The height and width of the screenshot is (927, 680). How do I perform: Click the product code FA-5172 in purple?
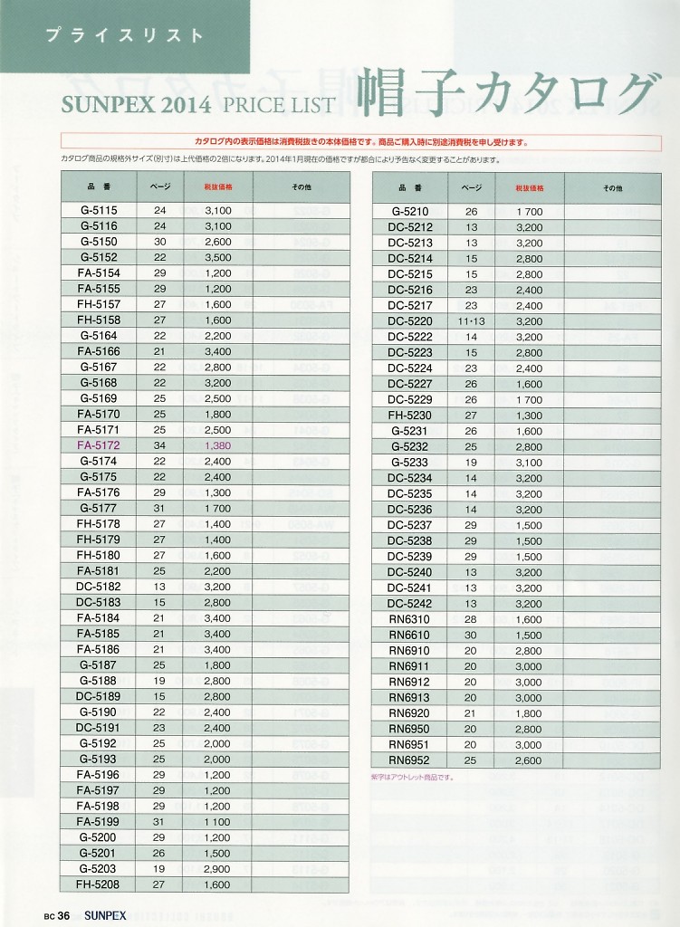coord(99,445)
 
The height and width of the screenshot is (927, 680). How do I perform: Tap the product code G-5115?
coord(99,210)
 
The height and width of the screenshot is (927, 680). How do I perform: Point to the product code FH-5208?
coord(99,884)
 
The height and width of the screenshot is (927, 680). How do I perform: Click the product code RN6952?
coord(410,760)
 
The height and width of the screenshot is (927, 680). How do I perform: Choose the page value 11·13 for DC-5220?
coord(472,320)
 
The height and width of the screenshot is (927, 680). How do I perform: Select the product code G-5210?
coord(410,211)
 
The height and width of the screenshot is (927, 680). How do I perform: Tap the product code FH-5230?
coord(410,415)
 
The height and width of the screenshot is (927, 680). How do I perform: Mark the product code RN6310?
coord(410,619)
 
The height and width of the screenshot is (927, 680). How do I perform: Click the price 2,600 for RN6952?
coord(528,760)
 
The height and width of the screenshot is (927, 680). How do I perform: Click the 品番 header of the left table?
coord(99,187)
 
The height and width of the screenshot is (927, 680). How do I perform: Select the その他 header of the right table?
coord(612,188)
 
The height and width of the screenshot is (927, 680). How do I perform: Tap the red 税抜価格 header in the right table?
coord(529,188)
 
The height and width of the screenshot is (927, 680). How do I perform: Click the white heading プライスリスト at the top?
coord(125,36)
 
